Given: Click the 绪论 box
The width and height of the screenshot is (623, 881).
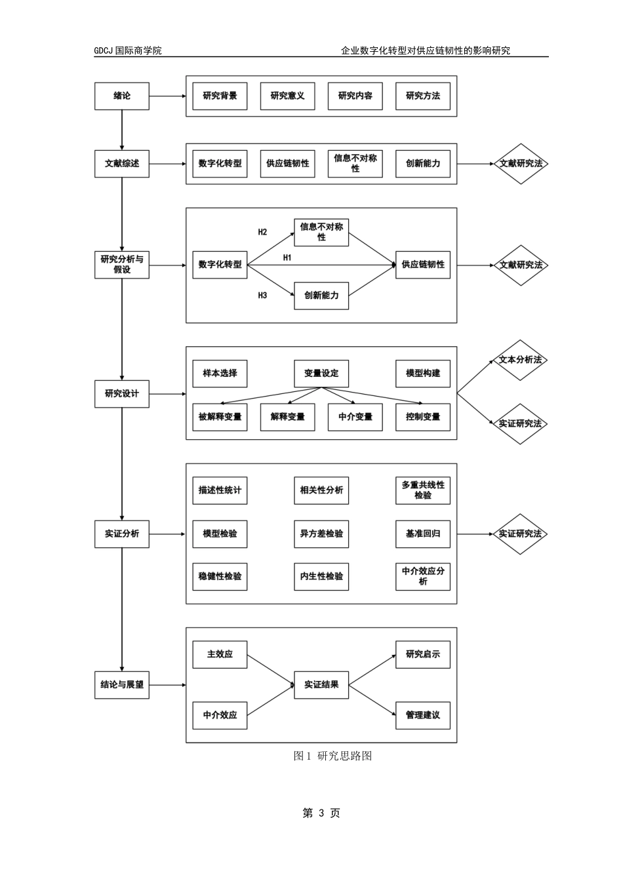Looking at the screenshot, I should [x=122, y=96].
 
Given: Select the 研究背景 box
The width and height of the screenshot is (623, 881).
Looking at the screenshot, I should [x=220, y=96].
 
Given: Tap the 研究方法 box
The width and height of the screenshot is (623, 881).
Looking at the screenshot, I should [x=423, y=96].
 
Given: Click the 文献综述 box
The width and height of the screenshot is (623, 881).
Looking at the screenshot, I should [x=122, y=164].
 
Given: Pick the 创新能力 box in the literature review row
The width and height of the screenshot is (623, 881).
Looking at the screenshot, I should [x=423, y=164].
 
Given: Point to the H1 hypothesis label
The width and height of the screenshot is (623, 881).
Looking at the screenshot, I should [x=287, y=258].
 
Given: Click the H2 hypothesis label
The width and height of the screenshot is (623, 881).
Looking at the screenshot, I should [x=262, y=232].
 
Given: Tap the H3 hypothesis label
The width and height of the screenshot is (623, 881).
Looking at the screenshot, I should [x=262, y=296].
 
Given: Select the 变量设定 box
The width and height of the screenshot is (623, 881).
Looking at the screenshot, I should [x=321, y=374].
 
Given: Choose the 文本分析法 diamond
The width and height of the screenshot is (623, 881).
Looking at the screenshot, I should [x=520, y=360].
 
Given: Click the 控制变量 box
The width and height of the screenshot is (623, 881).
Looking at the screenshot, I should [x=423, y=417].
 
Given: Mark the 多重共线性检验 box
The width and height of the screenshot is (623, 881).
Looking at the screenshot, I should [x=423, y=490].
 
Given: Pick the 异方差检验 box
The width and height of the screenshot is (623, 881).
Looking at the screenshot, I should [x=321, y=534].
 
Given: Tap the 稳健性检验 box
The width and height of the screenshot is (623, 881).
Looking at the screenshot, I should [x=220, y=577].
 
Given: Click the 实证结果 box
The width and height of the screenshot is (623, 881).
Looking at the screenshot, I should [x=321, y=685].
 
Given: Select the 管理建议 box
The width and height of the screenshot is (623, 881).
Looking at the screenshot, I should [x=423, y=715].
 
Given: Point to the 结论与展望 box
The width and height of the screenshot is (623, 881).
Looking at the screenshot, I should [x=122, y=685].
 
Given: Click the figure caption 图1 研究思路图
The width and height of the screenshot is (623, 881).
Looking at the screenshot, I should [x=333, y=756].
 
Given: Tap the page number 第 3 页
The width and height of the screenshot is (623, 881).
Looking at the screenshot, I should [x=321, y=813].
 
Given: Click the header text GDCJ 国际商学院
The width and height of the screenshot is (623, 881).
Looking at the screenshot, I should [x=128, y=50].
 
